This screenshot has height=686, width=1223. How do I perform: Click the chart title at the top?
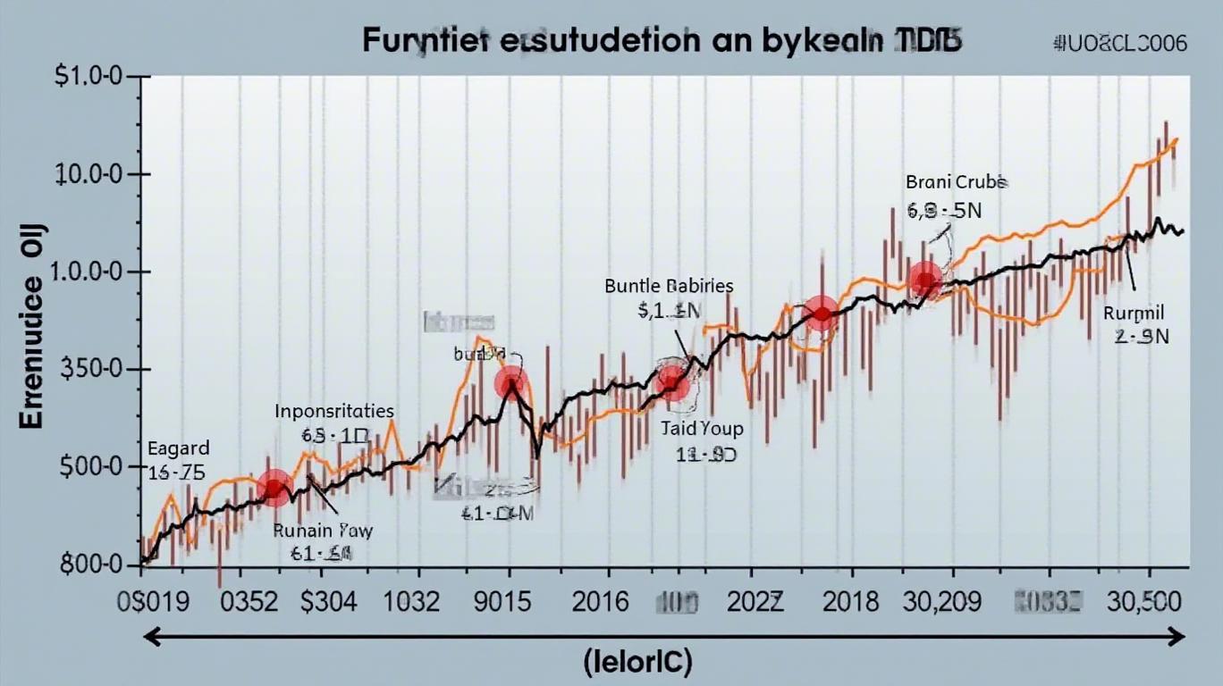coord(662,43)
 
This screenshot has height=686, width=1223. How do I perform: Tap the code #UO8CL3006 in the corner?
coord(1121,44)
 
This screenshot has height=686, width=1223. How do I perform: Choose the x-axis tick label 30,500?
coord(1146,601)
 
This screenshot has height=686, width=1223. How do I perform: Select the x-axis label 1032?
coord(411,601)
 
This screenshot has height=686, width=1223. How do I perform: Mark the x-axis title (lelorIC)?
coord(637,662)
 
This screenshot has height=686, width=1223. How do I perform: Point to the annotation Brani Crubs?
coord(957,182)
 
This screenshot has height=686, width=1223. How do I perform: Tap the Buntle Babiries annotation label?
coord(669,287)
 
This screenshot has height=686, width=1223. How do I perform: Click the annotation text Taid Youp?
coord(702,429)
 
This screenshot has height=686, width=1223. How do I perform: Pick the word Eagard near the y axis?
coord(178,448)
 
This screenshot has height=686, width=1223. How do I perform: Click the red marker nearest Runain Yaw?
coord(274,487)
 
